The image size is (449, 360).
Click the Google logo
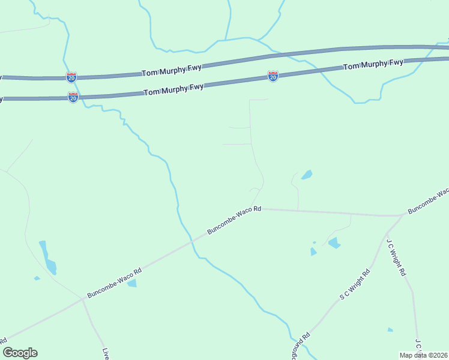tap(20, 353)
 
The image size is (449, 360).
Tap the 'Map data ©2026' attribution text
tap(423, 355)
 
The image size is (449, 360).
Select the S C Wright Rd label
tap(355, 284)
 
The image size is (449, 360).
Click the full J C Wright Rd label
tap(396, 258)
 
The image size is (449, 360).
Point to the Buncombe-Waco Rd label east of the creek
tap(235, 220)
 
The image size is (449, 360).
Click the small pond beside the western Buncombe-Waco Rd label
tap(132, 283)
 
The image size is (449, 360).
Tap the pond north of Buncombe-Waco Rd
tap(307, 175)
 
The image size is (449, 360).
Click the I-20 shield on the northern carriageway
tap(71, 77)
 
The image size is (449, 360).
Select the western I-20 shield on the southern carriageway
tap(73, 97)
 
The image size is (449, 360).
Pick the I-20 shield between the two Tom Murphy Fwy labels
tap(273, 76)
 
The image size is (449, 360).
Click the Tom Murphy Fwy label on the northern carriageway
tap(172, 71)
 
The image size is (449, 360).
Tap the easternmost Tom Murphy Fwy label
tap(373, 64)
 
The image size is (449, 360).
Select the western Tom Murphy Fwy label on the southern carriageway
tap(174, 90)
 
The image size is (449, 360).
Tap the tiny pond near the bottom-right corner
tap(390, 329)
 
